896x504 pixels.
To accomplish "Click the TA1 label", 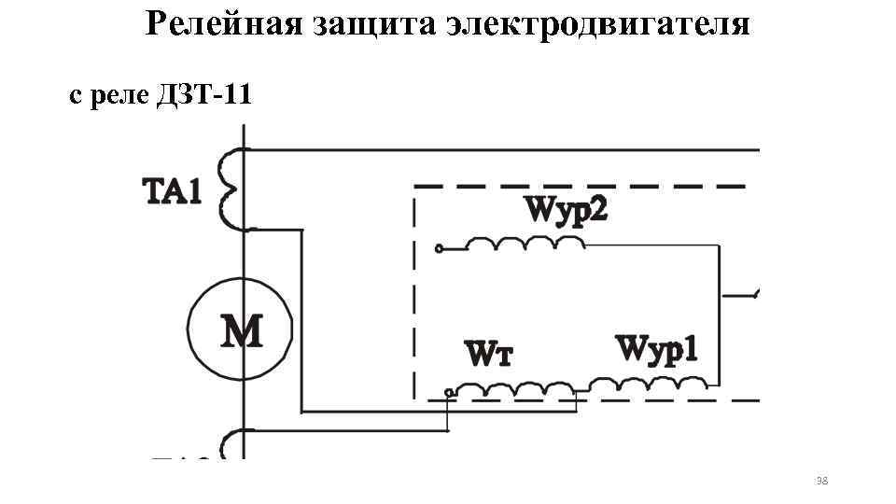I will point(172,192).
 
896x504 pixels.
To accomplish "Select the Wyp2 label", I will point(566,208).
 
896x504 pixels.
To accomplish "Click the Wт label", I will point(488,356).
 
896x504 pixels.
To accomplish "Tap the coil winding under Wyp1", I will point(648,383).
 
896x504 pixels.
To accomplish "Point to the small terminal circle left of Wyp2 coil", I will point(438,249).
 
